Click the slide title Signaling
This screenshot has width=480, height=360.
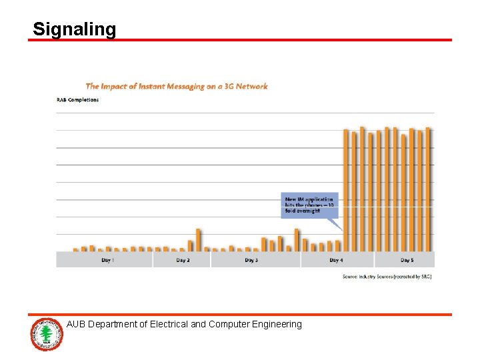pos(74,29)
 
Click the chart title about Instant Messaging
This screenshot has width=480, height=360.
pos(176,86)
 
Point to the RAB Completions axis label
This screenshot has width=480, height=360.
pos(77,100)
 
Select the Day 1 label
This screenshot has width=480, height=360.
pos(107,260)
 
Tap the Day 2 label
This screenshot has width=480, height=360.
pos(183,260)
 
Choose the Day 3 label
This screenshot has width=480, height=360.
pos(251,260)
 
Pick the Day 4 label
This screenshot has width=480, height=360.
pos(336,260)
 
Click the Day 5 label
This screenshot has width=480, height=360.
pos(407,260)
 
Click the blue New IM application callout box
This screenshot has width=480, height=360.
pos(309,205)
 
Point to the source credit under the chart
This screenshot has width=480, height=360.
pos(387,276)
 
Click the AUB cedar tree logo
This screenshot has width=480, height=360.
pos(46,333)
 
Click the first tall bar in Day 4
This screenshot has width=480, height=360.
pos(346,190)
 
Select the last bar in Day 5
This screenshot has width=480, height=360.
pos(428,189)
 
